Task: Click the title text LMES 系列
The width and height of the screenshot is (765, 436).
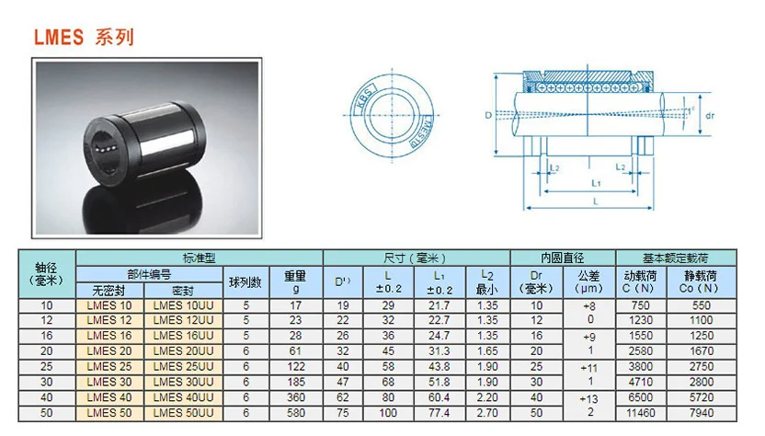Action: [84, 38]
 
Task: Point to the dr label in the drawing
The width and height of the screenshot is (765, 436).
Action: [710, 115]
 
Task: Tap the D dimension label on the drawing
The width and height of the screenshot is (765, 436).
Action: [488, 115]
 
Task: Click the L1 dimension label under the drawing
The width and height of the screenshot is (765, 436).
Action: [597, 183]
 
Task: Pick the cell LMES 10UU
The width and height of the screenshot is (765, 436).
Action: [184, 305]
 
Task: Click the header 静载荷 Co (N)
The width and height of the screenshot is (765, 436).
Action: [701, 281]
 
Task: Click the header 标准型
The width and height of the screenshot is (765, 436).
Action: [199, 258]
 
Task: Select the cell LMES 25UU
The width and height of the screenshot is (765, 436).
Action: [184, 365]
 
